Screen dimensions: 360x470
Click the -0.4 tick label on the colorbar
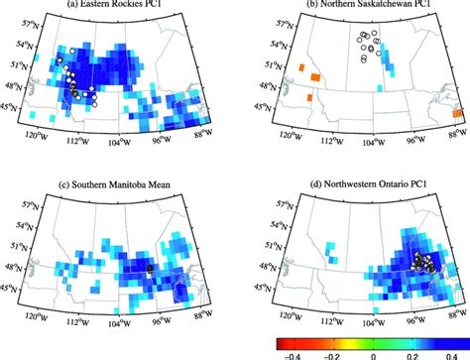pyautogui.click(x=292, y=352)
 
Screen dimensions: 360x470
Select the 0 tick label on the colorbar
pyautogui.click(x=372, y=352)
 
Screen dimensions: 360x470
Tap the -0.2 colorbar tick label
pyautogui.click(x=331, y=352)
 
